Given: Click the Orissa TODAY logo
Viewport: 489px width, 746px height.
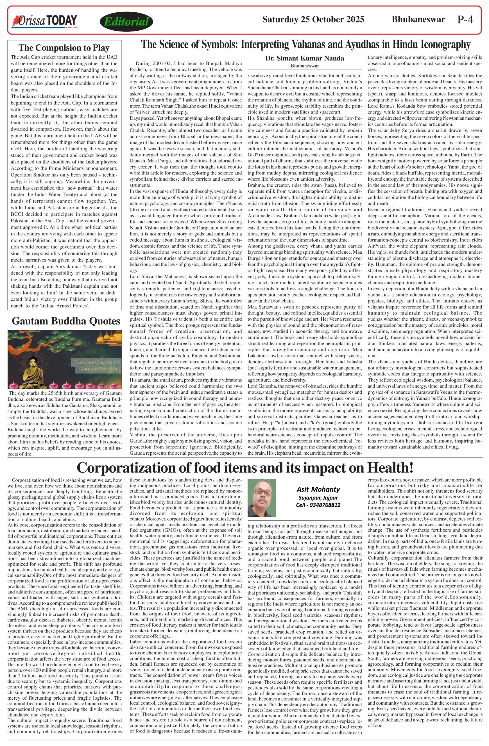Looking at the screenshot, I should coord(44,21).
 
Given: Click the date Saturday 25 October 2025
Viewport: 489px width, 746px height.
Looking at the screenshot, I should coord(313,20).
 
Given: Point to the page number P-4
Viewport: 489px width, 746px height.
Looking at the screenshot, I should coord(465,20).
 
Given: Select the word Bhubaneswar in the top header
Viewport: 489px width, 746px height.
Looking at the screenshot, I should coord(418,19).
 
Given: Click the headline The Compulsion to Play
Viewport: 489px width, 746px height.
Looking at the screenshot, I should coord(64,48).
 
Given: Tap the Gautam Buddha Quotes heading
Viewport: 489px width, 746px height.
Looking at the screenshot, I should coord(66,321).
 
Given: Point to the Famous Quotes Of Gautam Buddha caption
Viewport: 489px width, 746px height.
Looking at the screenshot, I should coord(97,366).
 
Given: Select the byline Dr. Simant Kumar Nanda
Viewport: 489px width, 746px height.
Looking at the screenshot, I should coord(305,58).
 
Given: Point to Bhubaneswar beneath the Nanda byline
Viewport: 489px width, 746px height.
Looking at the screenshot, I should coord(305,66).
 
